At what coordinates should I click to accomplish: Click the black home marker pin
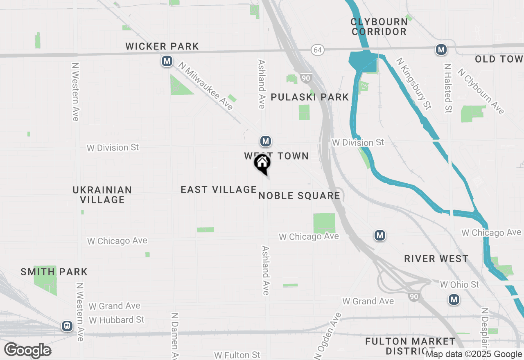pyautogui.click(x=262, y=164)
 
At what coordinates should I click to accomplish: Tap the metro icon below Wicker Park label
pyautogui.click(x=167, y=62)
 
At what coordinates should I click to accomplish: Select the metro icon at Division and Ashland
pyautogui.click(x=266, y=142)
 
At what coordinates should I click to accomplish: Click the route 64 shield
pyautogui.click(x=317, y=50)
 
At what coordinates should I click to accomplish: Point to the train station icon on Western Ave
pyautogui.click(x=67, y=326)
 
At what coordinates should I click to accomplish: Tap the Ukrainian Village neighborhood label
pyautogui.click(x=102, y=195)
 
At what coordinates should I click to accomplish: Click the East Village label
pyautogui.click(x=219, y=189)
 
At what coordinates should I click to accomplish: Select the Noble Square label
pyautogui.click(x=299, y=196)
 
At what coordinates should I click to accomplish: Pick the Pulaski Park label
pyautogui.click(x=310, y=97)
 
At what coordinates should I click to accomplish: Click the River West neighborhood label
pyautogui.click(x=436, y=259)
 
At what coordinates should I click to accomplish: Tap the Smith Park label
pyautogui.click(x=54, y=272)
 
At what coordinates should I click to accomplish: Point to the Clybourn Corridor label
pyautogui.click(x=379, y=27)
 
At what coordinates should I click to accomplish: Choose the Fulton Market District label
pyautogui.click(x=410, y=346)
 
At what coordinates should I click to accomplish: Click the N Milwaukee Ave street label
pyautogui.click(x=206, y=86)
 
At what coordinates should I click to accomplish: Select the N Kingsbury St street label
pyautogui.click(x=413, y=83)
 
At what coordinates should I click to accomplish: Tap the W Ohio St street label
pyautogui.click(x=459, y=284)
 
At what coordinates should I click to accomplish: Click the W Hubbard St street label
pyautogui.click(x=117, y=319)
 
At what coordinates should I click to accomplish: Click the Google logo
pyautogui.click(x=28, y=351)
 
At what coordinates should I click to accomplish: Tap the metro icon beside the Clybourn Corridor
pyautogui.click(x=441, y=50)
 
